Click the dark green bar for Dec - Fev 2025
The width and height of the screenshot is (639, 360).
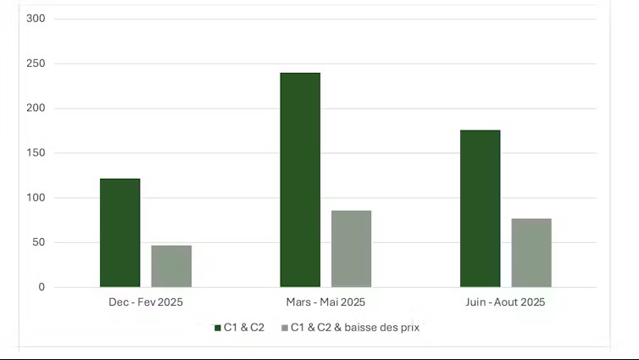click(119, 233)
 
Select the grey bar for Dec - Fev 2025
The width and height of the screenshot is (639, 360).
click(171, 266)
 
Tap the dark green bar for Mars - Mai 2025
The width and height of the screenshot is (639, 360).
click(300, 180)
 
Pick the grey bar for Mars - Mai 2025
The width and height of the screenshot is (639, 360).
click(351, 249)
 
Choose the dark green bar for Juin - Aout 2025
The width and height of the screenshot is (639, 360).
click(480, 208)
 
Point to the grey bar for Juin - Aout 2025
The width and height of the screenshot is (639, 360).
click(531, 252)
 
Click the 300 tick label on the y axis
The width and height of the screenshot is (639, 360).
click(36, 19)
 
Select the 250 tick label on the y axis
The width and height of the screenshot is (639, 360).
click(36, 64)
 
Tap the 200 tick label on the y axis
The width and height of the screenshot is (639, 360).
click(36, 108)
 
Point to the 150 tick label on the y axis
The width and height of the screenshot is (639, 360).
click(36, 153)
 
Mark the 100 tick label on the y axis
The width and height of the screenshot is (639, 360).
click(36, 198)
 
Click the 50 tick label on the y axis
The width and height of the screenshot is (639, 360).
click(39, 243)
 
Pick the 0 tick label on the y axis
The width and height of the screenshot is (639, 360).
click(42, 287)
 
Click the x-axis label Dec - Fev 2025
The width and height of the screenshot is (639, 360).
click(146, 302)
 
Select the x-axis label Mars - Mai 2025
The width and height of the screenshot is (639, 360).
click(325, 302)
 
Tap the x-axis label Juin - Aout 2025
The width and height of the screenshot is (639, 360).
click(505, 302)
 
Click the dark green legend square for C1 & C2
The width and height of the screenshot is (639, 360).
click(217, 327)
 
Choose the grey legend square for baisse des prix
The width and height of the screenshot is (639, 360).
click(284, 327)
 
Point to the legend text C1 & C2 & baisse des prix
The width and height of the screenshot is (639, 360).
click(355, 327)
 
